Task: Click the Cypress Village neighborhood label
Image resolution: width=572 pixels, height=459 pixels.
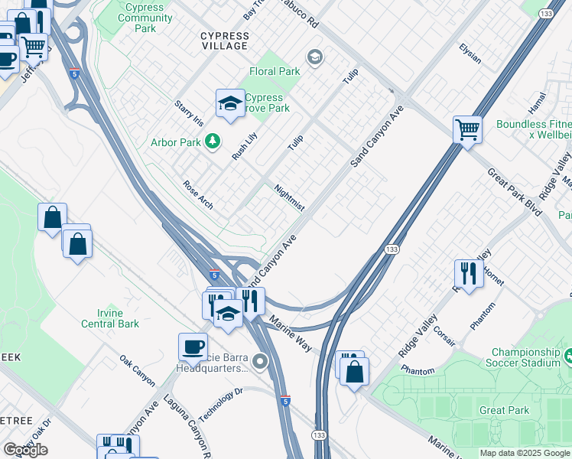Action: pos(224,41)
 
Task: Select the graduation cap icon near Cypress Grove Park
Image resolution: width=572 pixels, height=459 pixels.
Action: pos(230,104)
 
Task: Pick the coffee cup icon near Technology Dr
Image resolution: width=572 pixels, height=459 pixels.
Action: pos(193,347)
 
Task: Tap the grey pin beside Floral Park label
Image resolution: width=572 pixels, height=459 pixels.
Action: pos(314,57)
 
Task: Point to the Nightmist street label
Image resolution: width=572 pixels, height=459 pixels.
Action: pos(289,197)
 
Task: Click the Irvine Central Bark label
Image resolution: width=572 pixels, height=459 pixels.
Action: pos(107,318)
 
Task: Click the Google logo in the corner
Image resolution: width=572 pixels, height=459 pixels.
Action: pos(25,449)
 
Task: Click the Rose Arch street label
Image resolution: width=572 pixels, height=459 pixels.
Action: pos(198,195)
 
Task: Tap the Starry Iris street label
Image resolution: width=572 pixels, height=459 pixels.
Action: pos(189,114)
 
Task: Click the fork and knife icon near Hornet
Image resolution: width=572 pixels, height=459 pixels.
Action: pos(468,273)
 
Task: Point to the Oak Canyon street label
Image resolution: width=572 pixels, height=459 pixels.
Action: pos(137,370)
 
